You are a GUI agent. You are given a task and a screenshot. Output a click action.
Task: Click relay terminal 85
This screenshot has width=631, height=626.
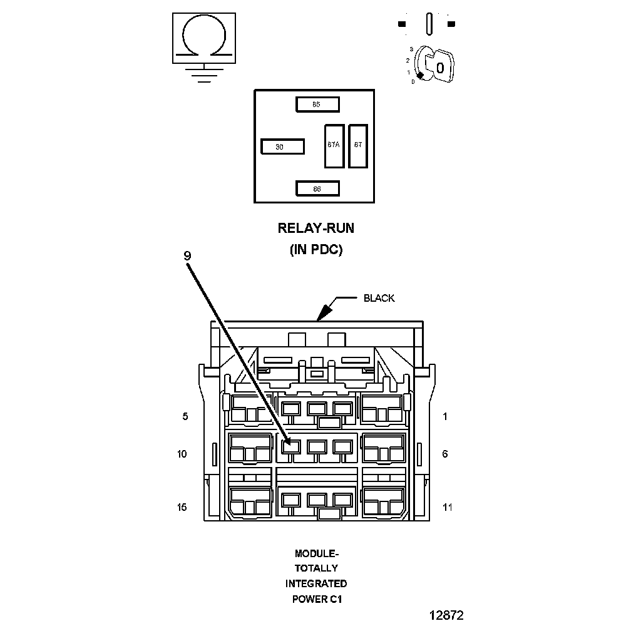[317, 104]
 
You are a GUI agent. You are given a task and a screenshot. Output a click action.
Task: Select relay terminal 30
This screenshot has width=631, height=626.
[282, 146]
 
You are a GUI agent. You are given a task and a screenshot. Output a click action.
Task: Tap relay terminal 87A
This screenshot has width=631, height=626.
[334, 145]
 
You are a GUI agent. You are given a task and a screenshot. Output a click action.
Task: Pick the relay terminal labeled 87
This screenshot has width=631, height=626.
[358, 145]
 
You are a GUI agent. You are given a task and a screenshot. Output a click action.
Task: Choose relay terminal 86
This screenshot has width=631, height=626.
[317, 188]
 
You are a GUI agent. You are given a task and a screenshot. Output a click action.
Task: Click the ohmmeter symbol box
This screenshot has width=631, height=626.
[204, 38]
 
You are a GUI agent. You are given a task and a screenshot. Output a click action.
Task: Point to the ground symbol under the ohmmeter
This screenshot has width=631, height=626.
[204, 74]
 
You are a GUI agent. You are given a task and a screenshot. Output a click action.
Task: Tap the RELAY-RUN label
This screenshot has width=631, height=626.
[315, 228]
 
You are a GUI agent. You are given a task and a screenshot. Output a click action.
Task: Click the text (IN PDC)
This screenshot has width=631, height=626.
[315, 249]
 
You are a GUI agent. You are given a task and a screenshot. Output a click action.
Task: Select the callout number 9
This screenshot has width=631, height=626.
[187, 255]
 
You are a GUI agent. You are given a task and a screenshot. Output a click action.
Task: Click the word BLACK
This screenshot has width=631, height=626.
[379, 298]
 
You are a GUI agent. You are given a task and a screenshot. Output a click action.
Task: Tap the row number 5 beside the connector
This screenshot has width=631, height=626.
[185, 416]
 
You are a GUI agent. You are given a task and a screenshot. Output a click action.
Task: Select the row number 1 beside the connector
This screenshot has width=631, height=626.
[445, 416]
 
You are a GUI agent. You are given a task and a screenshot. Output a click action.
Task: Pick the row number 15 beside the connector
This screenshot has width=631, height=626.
[182, 507]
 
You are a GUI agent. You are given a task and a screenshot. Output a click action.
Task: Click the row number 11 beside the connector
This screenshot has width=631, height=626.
[447, 507]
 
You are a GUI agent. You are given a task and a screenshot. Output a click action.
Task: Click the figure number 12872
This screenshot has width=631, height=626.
[446, 615]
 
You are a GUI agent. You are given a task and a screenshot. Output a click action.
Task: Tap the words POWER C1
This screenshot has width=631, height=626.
[317, 599]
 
